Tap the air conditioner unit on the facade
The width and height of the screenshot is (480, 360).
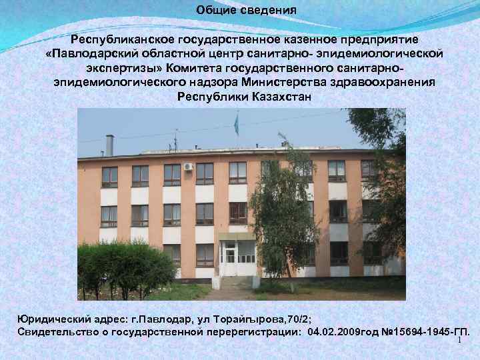[x=189, y=167]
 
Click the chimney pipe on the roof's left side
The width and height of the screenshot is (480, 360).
[x=110, y=145]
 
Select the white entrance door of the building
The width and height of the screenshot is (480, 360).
[x=230, y=257]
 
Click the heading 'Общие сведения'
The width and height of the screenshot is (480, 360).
[x=247, y=11]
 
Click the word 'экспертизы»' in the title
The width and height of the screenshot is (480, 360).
[x=124, y=67]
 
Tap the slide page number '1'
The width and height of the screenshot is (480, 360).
[x=459, y=341]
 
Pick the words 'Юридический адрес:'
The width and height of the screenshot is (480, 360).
[x=71, y=319]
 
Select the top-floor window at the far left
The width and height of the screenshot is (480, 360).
[x=109, y=176]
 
